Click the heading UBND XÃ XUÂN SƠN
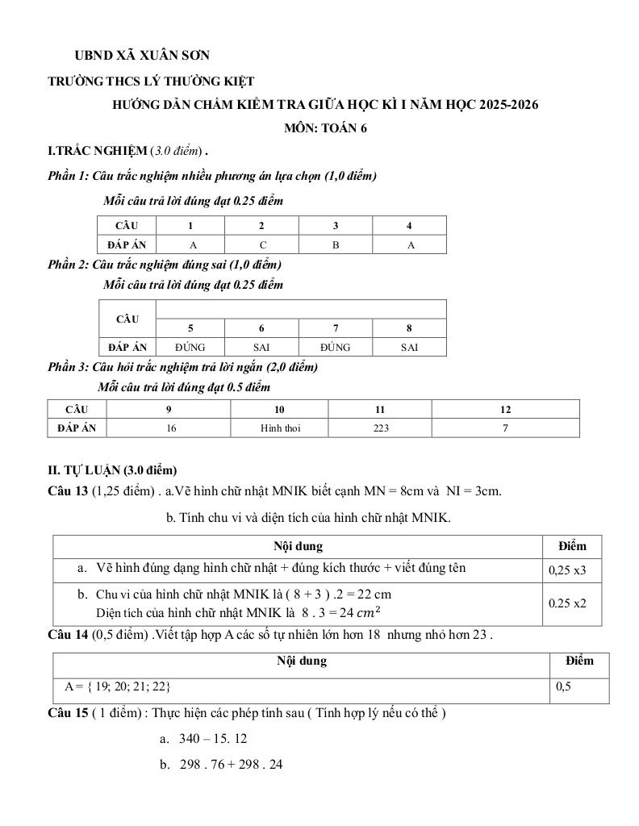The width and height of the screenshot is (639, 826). tap(142, 55)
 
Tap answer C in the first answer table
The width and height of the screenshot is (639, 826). tap(262, 244)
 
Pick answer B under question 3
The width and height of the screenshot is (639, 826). tap(336, 244)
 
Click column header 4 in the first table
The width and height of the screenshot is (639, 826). tap(410, 226)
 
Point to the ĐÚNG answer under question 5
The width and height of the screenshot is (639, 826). tap(190, 347)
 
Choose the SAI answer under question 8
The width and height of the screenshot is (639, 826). tap(410, 347)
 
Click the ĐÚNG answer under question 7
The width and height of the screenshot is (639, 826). tap(335, 347)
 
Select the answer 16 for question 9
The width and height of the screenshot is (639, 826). tap(171, 428)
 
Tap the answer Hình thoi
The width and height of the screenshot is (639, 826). tap(280, 428)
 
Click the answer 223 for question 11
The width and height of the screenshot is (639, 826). tap(381, 428)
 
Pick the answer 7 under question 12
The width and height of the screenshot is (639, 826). tap(505, 428)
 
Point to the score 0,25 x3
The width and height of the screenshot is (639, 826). tap(567, 570)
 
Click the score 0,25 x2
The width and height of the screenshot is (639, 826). tap(567, 603)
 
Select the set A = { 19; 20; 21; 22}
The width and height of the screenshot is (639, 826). tap(117, 686)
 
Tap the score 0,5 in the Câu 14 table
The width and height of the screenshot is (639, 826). tap(563, 687)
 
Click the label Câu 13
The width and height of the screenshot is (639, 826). tap(68, 490)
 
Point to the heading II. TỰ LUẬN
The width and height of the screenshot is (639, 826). tap(112, 470)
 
